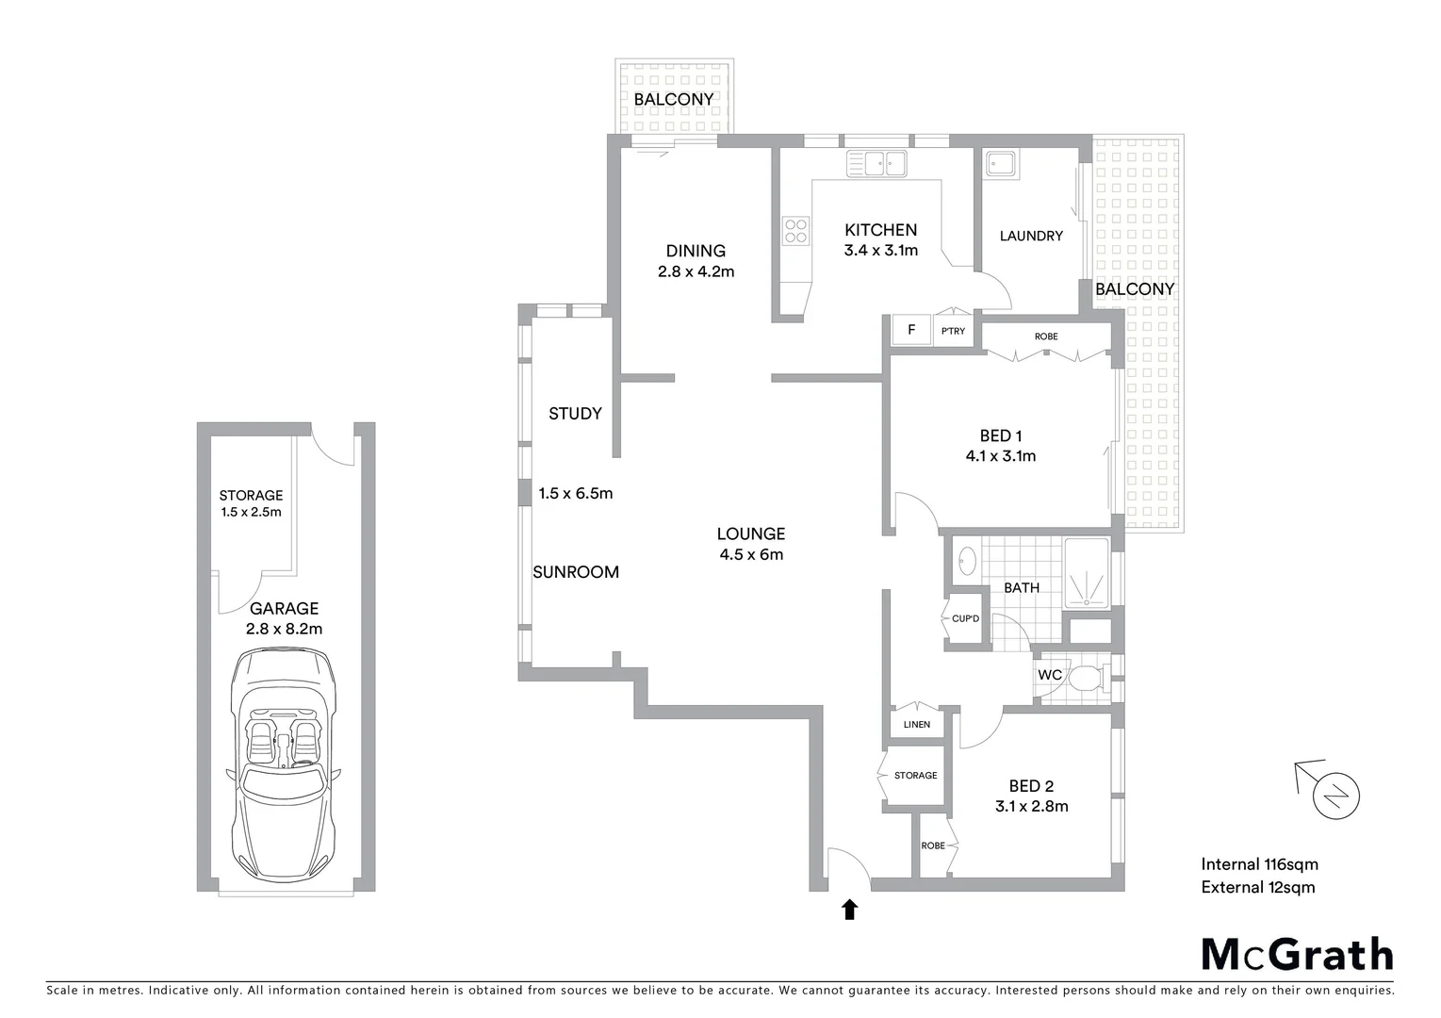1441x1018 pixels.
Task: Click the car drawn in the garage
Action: coord(285,754)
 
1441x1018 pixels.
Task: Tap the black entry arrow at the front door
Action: coord(849,909)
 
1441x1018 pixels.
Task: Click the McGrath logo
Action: coord(1297,954)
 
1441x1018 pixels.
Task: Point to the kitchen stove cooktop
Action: coord(795,231)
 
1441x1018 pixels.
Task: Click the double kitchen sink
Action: coord(876,164)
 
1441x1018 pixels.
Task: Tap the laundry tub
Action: coord(1000,165)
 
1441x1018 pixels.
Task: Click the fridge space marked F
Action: coord(911,330)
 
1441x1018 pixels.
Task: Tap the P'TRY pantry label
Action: coord(953,331)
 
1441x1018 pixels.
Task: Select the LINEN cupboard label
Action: coord(916,725)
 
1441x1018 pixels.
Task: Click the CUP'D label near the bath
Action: coord(966,618)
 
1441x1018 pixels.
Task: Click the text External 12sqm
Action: coord(1257,887)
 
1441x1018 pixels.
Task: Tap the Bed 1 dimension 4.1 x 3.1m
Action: coord(1001,456)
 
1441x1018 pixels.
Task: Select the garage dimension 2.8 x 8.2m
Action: coord(284,629)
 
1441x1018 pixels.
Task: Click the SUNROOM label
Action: coord(576,572)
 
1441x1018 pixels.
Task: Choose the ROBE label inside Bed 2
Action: coord(932,846)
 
